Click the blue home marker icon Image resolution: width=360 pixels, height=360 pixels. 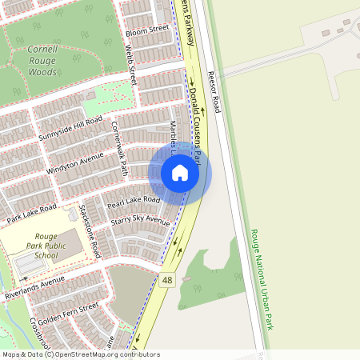click(x=180, y=173)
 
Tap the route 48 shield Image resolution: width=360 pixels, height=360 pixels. click(x=167, y=280)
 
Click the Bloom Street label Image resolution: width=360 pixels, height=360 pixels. click(x=148, y=29)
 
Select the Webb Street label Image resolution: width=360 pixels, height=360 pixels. click(x=131, y=64)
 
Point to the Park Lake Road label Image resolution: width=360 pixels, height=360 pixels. click(x=32, y=213)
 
